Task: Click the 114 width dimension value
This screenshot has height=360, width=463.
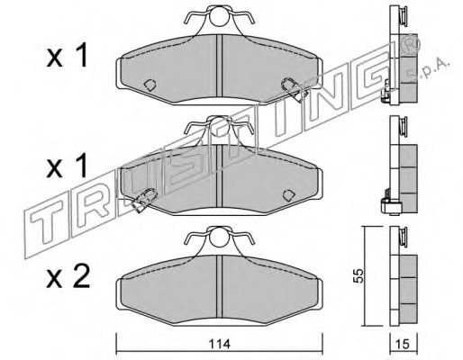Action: pos(219,344)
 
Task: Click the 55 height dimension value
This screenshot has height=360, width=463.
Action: pos(359,275)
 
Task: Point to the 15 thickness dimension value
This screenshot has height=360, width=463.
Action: pos(403,344)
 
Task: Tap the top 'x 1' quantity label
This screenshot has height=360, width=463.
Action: pos(67,55)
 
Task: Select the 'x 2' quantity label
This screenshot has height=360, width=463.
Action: pos(68,277)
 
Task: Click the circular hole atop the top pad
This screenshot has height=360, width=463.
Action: pos(219,16)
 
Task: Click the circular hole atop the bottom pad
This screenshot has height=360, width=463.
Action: pos(219,237)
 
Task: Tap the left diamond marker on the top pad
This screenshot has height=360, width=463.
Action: pos(150,85)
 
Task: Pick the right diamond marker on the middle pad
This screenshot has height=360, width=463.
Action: pos(288,195)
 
